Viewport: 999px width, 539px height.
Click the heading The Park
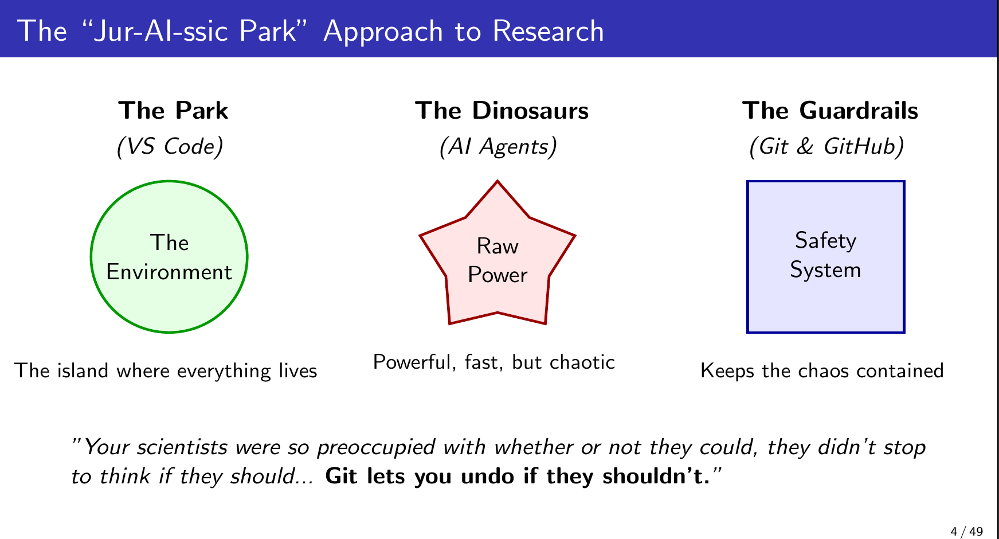pyautogui.click(x=173, y=111)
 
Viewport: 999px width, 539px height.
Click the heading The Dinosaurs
pyautogui.click(x=502, y=111)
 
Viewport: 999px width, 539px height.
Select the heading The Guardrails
pyautogui.click(x=830, y=111)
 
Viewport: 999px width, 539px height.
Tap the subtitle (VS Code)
pyautogui.click(x=170, y=147)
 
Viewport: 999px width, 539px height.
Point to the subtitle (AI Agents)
pyautogui.click(x=497, y=147)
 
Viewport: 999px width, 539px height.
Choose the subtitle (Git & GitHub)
pyautogui.click(x=826, y=147)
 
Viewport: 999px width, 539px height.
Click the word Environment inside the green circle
pyautogui.click(x=169, y=272)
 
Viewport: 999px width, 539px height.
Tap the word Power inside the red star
pyautogui.click(x=497, y=275)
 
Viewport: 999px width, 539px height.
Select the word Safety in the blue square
pyautogui.click(x=825, y=240)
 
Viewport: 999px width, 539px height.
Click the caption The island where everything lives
pyautogui.click(x=166, y=371)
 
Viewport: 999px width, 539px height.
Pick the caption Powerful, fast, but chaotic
pyautogui.click(x=493, y=362)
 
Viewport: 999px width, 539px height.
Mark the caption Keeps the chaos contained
pyautogui.click(x=822, y=371)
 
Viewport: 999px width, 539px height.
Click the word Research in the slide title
pyautogui.click(x=548, y=31)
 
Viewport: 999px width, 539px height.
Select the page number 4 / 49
pyautogui.click(x=966, y=532)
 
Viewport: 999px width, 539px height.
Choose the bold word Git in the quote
pyautogui.click(x=341, y=476)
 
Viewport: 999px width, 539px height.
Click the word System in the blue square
pyautogui.click(x=825, y=270)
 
